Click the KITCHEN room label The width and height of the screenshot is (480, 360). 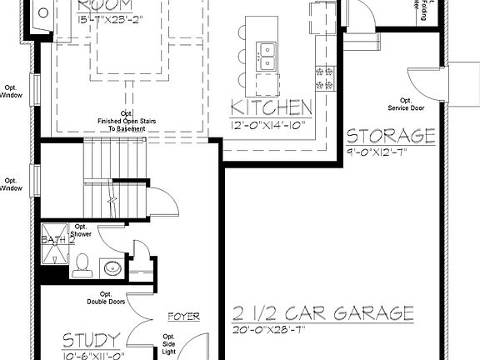click(272, 107)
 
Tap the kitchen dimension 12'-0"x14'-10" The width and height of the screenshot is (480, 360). click(270, 125)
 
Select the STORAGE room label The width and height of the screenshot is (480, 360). click(391, 136)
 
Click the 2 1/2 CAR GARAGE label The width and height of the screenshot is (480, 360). click(323, 313)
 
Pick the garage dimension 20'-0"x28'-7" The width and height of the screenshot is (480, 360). click(271, 330)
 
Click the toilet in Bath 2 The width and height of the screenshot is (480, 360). click(82, 266)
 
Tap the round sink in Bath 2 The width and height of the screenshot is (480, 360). click(112, 268)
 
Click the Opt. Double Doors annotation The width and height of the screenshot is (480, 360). click(106, 298)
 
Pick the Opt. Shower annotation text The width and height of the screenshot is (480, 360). click(82, 231)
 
